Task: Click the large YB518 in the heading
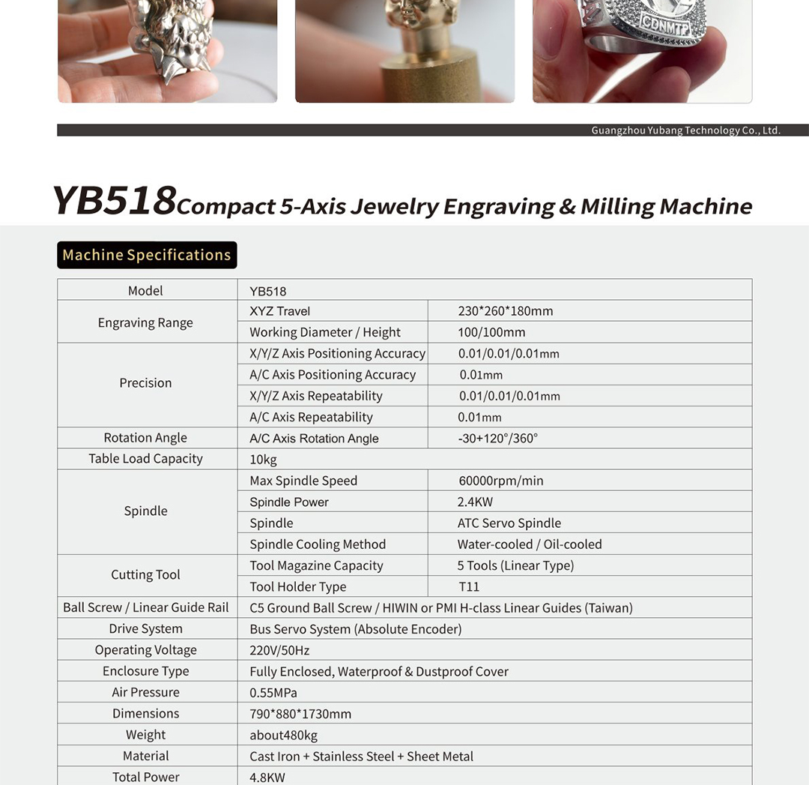(x=114, y=200)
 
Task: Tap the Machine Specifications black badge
(x=147, y=255)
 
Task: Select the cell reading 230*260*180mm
(x=505, y=311)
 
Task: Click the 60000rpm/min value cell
(x=500, y=481)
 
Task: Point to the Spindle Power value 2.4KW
(x=475, y=502)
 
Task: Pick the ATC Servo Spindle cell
(x=509, y=523)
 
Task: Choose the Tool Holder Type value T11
(x=469, y=586)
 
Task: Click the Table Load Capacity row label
(x=145, y=459)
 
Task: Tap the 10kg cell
(x=263, y=459)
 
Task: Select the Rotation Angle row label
(x=145, y=438)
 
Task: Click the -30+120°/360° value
(x=497, y=438)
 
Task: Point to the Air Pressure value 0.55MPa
(x=273, y=692)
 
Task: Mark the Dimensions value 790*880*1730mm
(x=300, y=714)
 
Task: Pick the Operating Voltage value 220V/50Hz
(x=279, y=650)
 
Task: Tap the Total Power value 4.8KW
(x=267, y=777)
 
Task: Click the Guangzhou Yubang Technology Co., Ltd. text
(x=685, y=130)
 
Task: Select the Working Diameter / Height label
(x=324, y=332)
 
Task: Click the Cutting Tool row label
(x=145, y=575)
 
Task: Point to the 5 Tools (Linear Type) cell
(x=515, y=565)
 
